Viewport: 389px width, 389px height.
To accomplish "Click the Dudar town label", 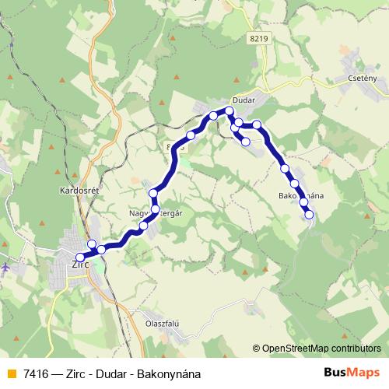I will click(243, 102).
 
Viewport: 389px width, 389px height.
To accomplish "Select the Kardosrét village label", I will click(76, 189).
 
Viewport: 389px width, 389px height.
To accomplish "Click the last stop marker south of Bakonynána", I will click(309, 214).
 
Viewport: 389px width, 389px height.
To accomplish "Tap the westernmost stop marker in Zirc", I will click(79, 258).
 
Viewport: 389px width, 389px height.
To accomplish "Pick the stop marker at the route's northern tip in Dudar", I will click(230, 112).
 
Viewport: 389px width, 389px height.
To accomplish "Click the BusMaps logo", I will click(352, 373).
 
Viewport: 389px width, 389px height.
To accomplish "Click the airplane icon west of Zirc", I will click(6, 267).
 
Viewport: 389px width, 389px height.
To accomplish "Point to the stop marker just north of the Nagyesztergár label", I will click(154, 193).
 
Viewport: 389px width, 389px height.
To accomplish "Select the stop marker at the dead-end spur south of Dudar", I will click(245, 142).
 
